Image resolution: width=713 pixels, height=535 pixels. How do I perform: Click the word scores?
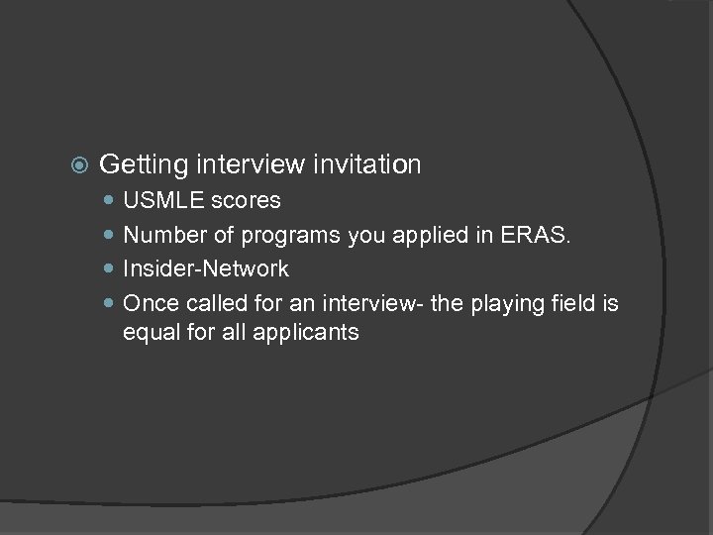[247, 201]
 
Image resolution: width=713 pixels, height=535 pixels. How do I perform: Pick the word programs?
[278, 235]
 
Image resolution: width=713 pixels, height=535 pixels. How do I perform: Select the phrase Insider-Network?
[206, 268]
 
